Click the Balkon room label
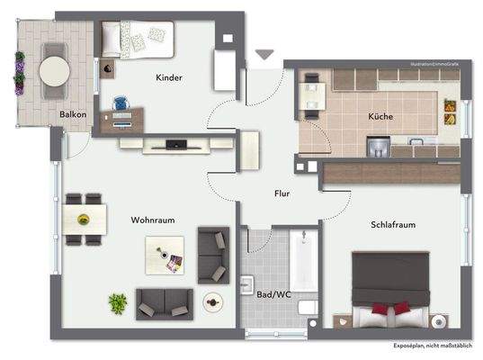pos(73,114)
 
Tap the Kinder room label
pos(168,78)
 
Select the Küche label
pos(380,118)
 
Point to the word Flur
pos(282,193)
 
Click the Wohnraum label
pos(152,219)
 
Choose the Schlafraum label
pos(392,225)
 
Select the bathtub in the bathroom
pos(301,260)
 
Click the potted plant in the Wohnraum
pos(118,302)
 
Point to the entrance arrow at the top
pos(263,56)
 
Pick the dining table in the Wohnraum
pos(85,219)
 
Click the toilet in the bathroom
pos(308,309)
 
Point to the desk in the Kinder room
pos(123,117)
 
